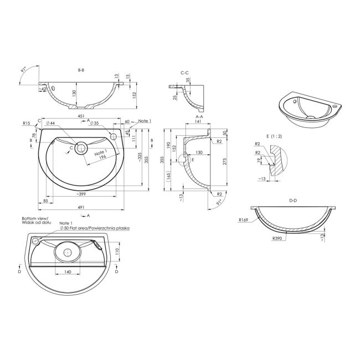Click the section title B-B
(x=81, y=70)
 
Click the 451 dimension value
(x=81, y=117)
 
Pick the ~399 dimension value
(x=81, y=195)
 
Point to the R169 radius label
(x=242, y=220)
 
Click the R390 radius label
(x=277, y=239)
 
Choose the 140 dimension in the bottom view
(x=67, y=272)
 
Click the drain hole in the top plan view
(x=81, y=148)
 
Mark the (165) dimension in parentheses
(x=168, y=176)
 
